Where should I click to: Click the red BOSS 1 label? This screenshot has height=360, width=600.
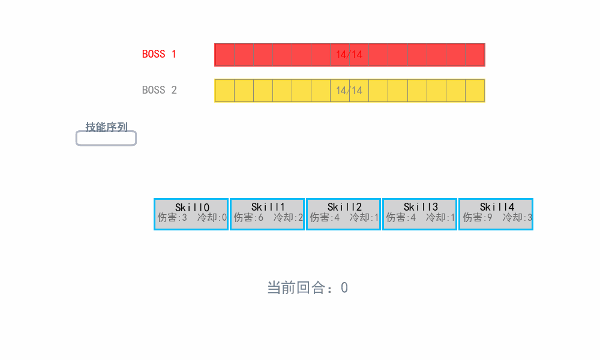pyautogui.click(x=159, y=54)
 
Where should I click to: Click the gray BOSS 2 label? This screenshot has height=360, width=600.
pyautogui.click(x=159, y=90)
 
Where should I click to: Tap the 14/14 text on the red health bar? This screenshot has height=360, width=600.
pyautogui.click(x=349, y=55)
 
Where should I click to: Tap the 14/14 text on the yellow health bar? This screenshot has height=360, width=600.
pyautogui.click(x=349, y=91)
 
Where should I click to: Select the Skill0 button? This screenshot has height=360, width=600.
pyautogui.click(x=191, y=214)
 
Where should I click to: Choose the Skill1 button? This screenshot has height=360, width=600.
pyautogui.click(x=267, y=214)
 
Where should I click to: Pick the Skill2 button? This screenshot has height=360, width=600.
pyautogui.click(x=343, y=214)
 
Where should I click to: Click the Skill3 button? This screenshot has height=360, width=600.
pyautogui.click(x=419, y=214)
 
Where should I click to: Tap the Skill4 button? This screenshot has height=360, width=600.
pyautogui.click(x=496, y=214)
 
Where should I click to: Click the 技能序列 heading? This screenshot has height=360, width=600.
pyautogui.click(x=106, y=127)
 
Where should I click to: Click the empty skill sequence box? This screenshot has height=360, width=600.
pyautogui.click(x=106, y=138)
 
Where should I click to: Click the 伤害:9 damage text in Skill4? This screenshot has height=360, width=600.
pyautogui.click(x=478, y=218)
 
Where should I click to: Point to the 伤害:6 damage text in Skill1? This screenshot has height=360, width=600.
pyautogui.click(x=248, y=218)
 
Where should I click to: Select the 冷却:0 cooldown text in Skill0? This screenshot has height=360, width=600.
pyautogui.click(x=212, y=218)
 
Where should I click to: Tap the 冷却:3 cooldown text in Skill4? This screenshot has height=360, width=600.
pyautogui.click(x=517, y=218)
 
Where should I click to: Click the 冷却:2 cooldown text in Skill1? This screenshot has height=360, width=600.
pyautogui.click(x=288, y=218)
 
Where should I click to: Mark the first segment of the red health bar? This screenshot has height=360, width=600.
pyautogui.click(x=224, y=55)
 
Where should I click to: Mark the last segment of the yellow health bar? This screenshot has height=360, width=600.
pyautogui.click(x=475, y=91)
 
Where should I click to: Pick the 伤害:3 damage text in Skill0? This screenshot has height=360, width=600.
pyautogui.click(x=172, y=218)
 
